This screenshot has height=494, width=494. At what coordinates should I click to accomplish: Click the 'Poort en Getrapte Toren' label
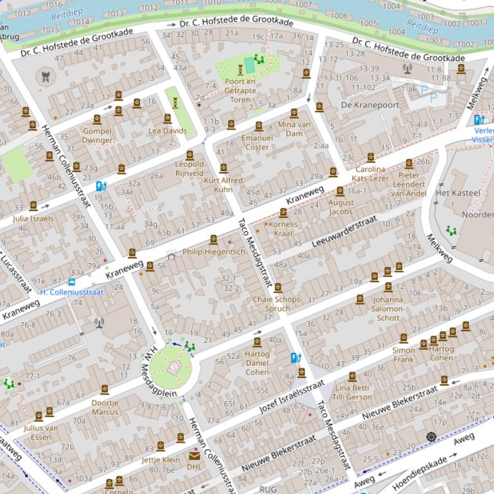pos(240,90)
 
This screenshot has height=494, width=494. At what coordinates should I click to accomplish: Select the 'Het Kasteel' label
pos(457,192)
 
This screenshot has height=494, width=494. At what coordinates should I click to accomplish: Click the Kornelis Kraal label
pos(283,229)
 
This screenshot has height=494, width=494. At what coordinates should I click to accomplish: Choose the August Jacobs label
pos(340,207)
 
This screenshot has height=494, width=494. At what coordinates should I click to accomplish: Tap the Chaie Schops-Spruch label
pos(277,303)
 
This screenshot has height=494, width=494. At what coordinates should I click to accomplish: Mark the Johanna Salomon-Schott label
pos(388,308)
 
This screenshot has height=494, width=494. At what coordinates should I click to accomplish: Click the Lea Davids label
pos(168,131)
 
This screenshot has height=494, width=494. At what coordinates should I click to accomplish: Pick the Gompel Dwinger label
pos(98,135)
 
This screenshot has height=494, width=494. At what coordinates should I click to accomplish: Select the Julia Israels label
pos(33,218)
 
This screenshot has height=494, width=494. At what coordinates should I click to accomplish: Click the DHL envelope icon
pos(194,456)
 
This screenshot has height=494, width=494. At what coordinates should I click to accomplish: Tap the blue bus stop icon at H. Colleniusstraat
pos(72,282)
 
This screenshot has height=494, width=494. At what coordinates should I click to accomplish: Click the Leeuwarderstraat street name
pos(344,232)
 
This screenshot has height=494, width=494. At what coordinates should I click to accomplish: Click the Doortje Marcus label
pos(105,407)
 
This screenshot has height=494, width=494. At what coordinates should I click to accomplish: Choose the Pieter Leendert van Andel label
pos(409,184)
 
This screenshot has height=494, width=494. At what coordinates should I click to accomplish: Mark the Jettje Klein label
pos(161,459)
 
